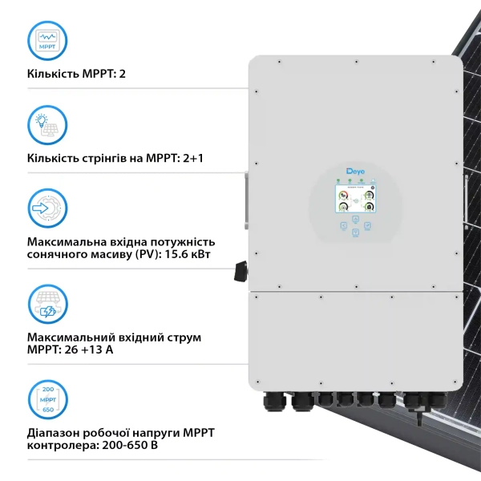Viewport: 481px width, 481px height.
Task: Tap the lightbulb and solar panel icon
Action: (47, 124)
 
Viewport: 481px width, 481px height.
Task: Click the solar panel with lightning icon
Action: (47, 302)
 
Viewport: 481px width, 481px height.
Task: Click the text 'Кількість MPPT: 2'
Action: (77, 74)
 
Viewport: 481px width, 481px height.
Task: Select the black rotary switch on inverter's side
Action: (239, 272)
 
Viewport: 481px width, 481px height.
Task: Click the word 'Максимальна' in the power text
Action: (66, 241)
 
